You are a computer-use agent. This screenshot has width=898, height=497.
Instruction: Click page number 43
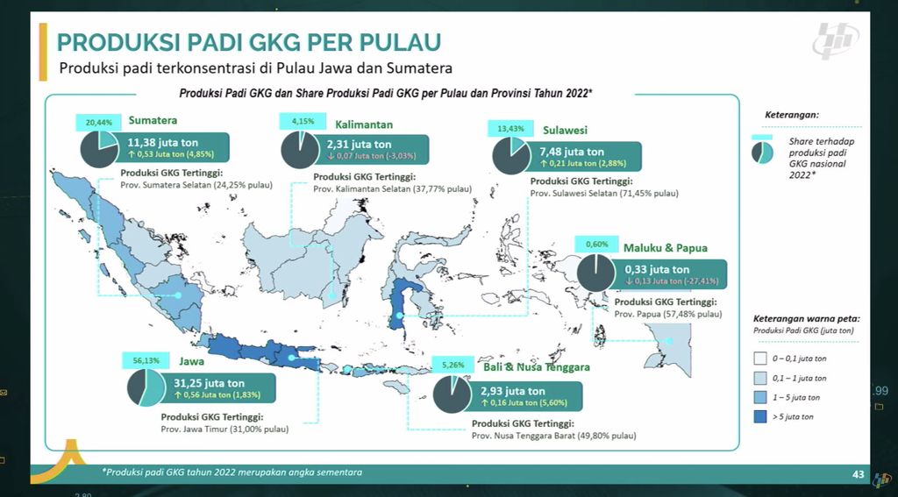coord(859,474)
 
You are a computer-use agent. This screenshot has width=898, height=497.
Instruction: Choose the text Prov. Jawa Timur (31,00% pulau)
coord(224,429)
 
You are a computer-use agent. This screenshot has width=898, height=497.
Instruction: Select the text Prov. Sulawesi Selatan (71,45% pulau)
coord(604,192)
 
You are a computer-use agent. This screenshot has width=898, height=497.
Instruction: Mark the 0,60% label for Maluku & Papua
coord(596,244)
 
